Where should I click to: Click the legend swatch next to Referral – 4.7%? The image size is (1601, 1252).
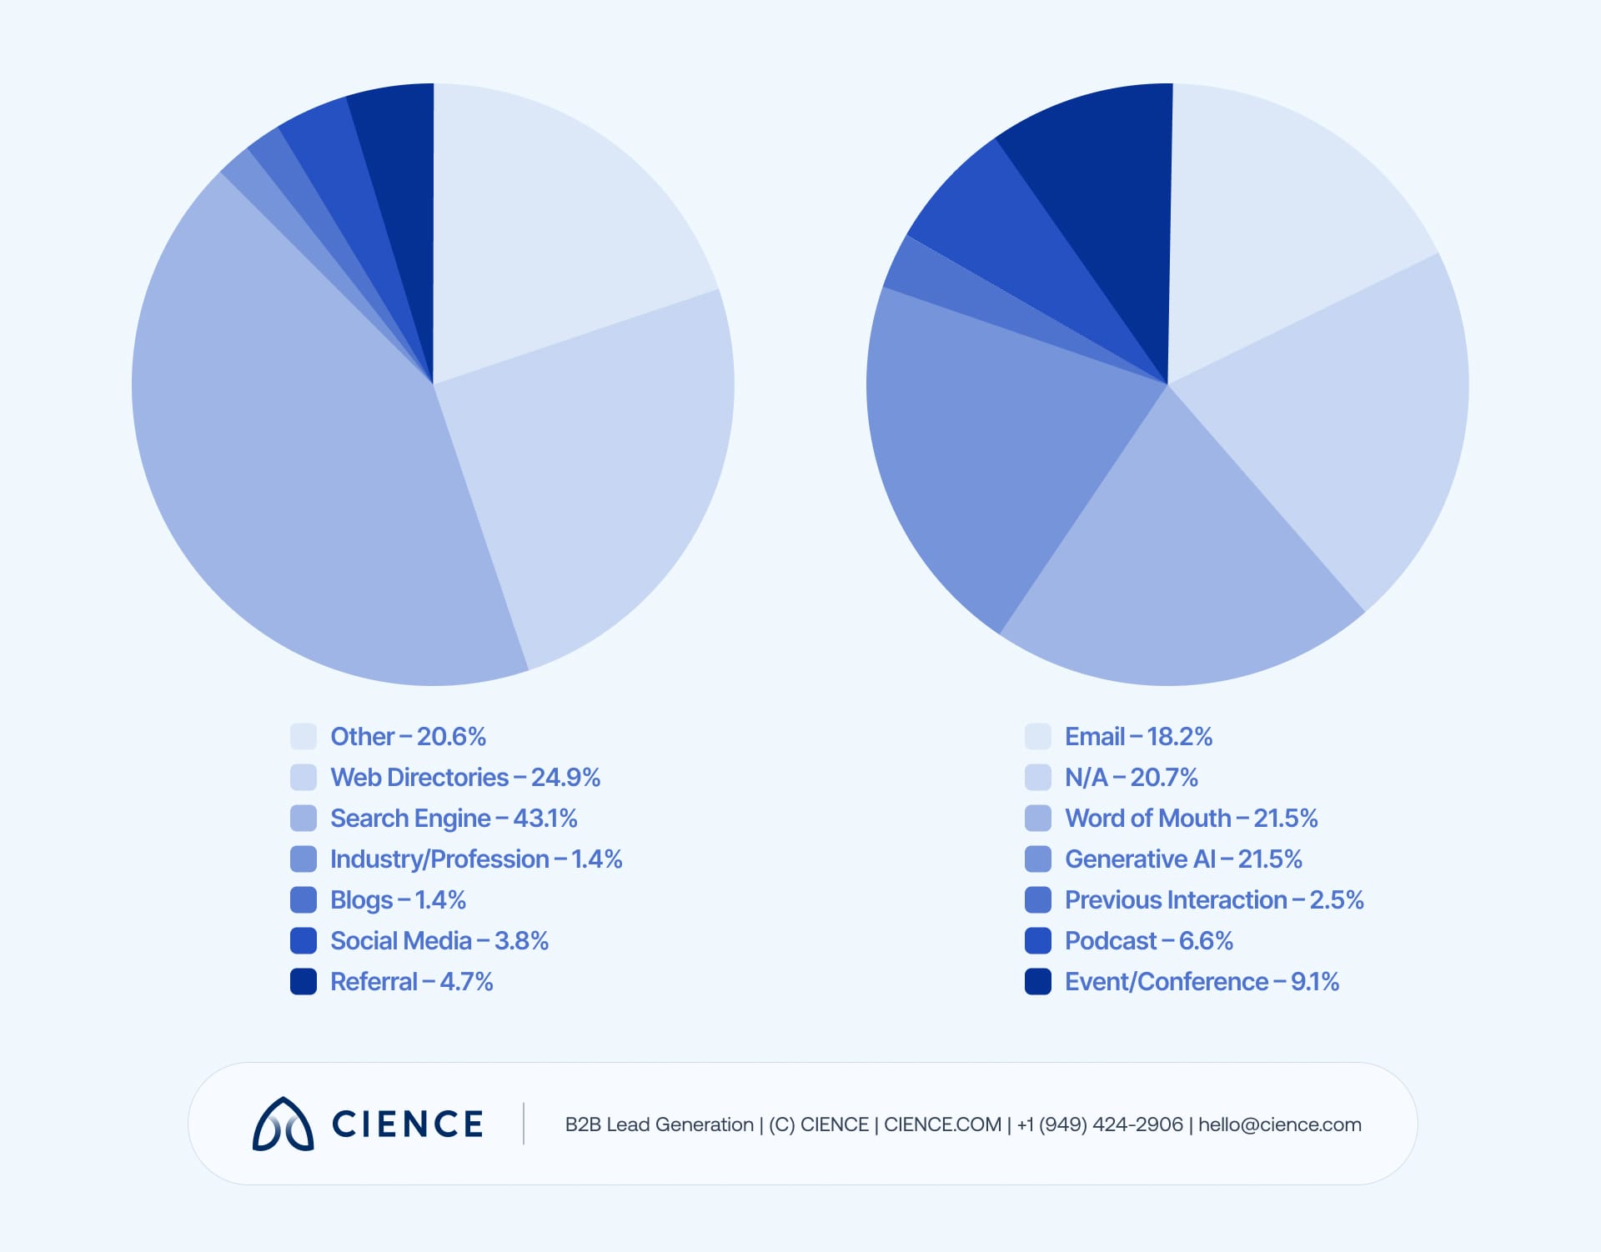[304, 981]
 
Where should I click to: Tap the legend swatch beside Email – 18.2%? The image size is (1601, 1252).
[1038, 737]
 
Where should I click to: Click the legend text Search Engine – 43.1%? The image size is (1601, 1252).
[454, 819]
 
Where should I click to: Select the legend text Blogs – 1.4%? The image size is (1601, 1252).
[398, 900]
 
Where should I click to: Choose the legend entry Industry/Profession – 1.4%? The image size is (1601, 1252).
[476, 859]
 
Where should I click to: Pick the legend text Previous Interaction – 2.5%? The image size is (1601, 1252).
[1214, 900]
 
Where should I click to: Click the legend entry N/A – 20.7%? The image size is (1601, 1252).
[1131, 778]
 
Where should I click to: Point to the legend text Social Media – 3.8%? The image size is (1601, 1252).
[439, 941]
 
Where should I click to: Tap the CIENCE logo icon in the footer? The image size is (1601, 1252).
[283, 1124]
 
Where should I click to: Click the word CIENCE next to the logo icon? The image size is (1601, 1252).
[407, 1124]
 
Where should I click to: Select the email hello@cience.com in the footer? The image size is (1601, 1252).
[1279, 1124]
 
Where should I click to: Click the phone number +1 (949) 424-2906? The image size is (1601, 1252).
[1099, 1124]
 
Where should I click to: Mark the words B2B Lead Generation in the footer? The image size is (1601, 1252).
[659, 1124]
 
